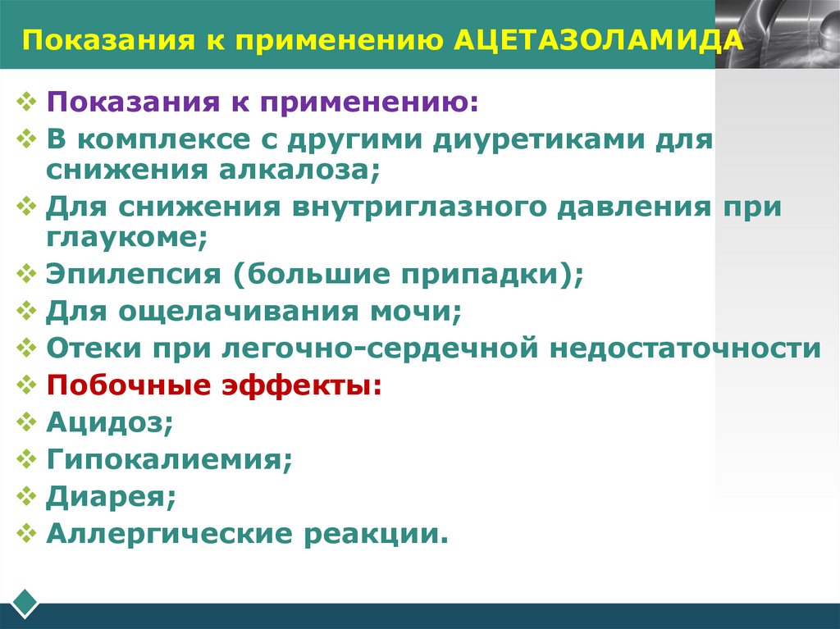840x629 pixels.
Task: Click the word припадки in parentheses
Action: [x=490, y=274]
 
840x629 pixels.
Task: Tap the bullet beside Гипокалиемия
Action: [x=27, y=459]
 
